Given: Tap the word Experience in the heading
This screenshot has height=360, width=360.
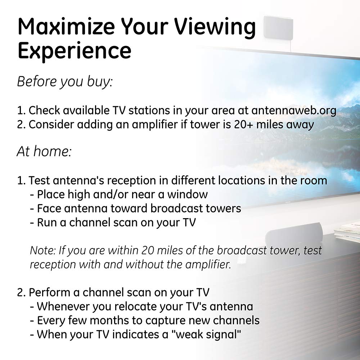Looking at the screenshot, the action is click(75, 51).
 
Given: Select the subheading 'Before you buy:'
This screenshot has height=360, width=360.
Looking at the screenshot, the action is click(65, 82).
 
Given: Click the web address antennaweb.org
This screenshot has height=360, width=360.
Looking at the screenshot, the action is click(294, 111).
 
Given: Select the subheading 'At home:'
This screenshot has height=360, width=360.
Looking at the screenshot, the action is click(44, 152).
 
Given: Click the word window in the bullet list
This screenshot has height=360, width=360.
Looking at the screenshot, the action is click(187, 194).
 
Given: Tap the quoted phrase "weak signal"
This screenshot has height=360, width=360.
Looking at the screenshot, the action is click(206, 334).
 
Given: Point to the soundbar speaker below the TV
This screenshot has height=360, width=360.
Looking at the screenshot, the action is click(294, 235).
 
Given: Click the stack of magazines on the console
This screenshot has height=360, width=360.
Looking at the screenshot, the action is click(347, 232).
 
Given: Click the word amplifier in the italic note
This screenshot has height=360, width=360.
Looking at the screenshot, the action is click(208, 265).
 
